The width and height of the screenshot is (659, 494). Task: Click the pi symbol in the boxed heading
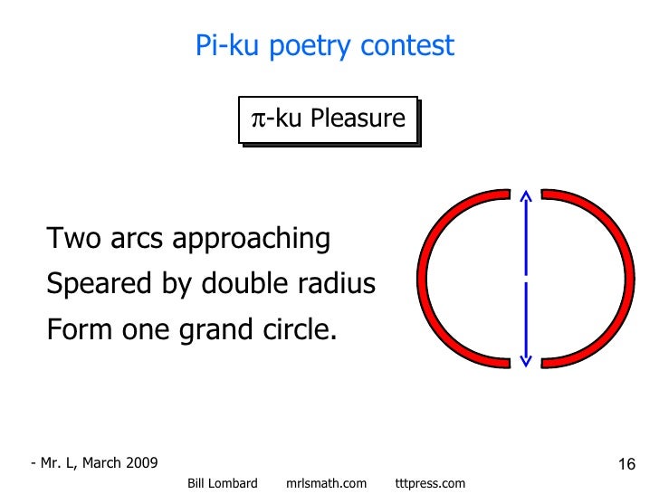pyautogui.click(x=257, y=119)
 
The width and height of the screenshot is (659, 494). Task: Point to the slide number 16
pyautogui.click(x=626, y=465)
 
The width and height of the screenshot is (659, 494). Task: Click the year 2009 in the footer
pyautogui.click(x=140, y=463)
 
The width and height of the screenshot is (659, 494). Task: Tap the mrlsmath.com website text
pyautogui.click(x=326, y=484)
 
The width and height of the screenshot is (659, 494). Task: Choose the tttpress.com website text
pyautogui.click(x=431, y=484)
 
